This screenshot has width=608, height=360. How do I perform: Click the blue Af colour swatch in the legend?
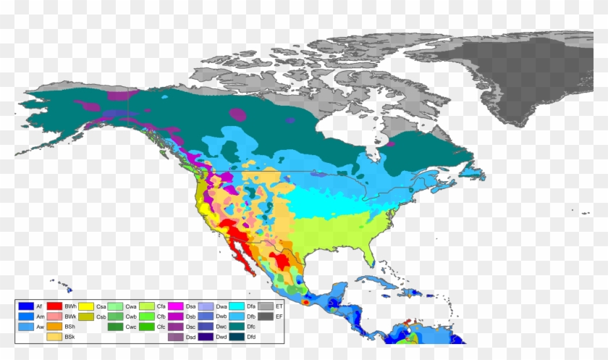26,307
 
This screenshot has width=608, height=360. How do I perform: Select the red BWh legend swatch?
54,307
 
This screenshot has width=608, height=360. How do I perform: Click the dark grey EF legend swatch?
266,317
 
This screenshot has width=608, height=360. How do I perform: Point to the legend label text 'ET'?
280,307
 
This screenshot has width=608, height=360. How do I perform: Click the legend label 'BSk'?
70,338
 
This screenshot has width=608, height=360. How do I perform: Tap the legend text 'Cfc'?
161,327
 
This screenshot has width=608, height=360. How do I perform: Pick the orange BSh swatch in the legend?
54,327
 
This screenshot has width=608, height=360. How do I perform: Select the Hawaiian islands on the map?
58,283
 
